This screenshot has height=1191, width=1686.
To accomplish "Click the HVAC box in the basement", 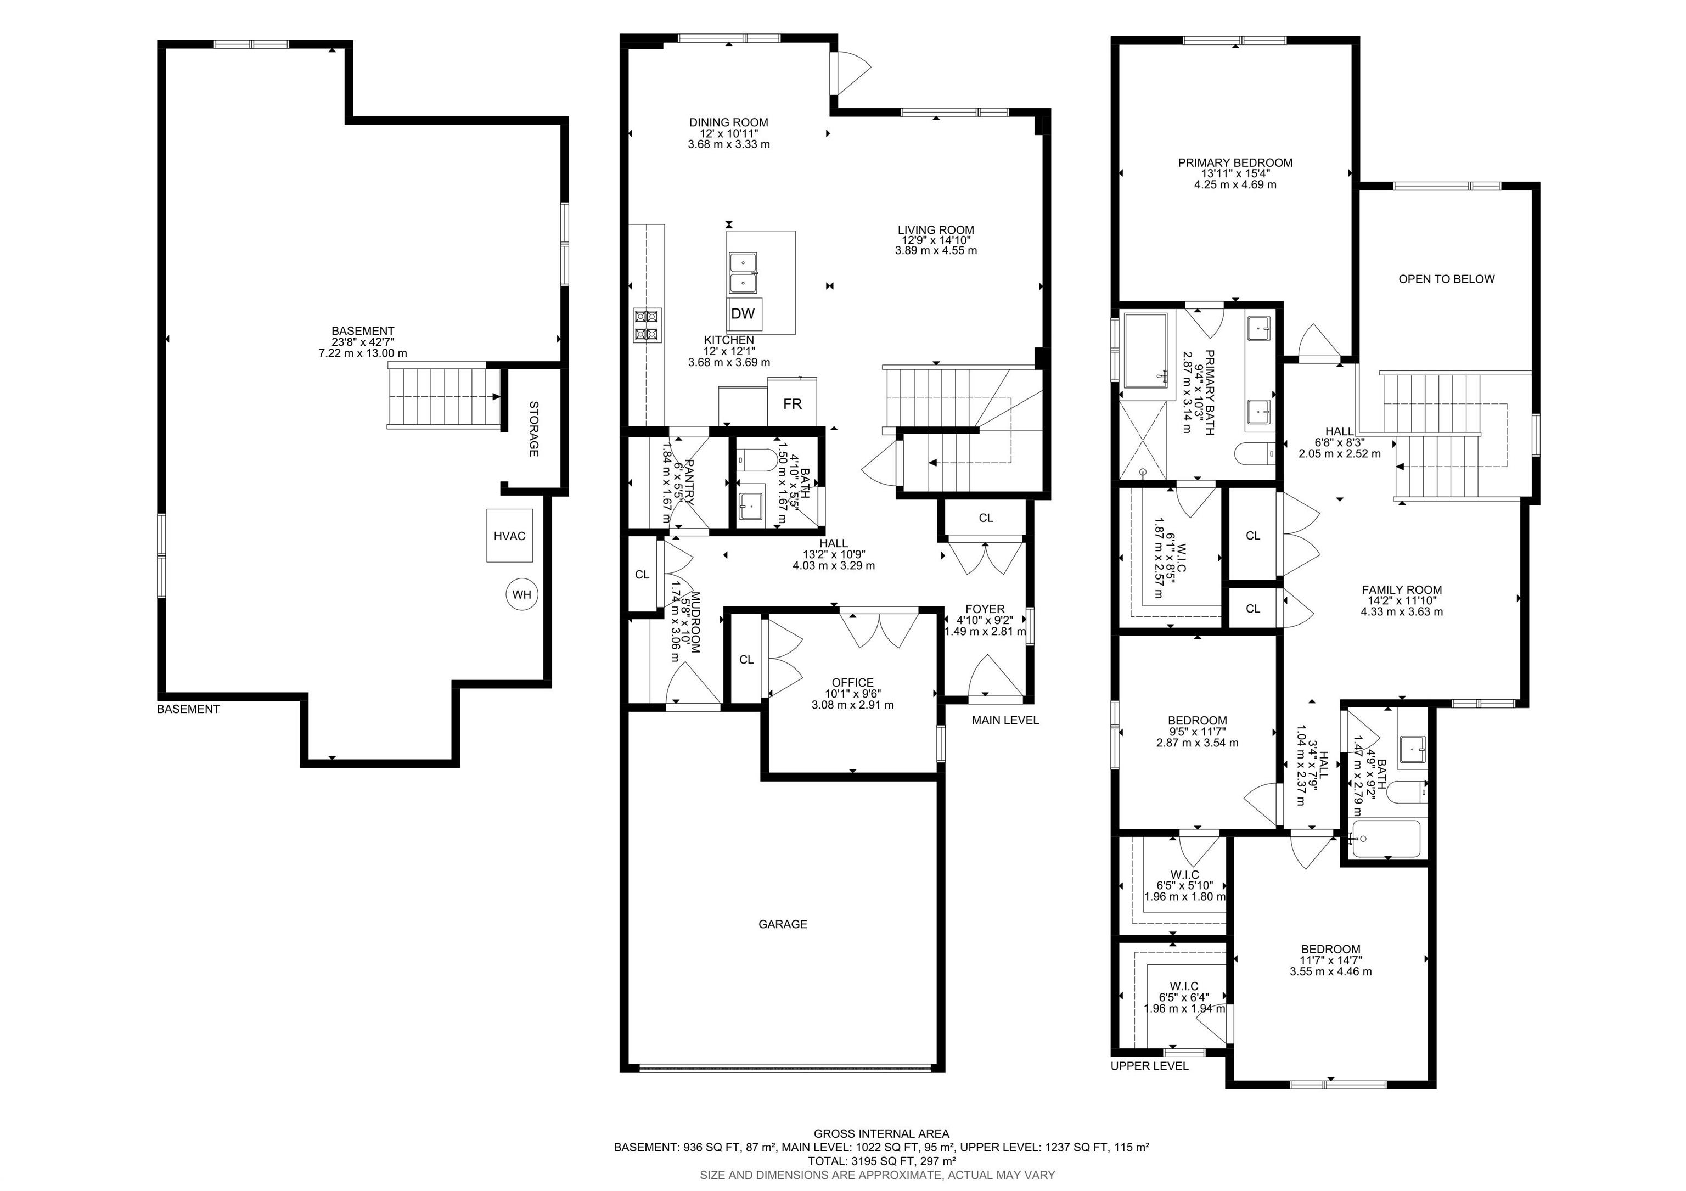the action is pyautogui.click(x=510, y=536).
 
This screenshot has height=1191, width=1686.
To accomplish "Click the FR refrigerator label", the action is pyautogui.click(x=793, y=404).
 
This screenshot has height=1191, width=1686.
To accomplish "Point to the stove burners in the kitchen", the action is pyautogui.click(x=648, y=325).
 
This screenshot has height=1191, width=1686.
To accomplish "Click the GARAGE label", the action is pyautogui.click(x=783, y=924).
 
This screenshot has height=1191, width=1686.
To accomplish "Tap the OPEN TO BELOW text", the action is pyautogui.click(x=1447, y=279).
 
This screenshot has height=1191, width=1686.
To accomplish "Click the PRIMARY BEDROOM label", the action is pyautogui.click(x=1235, y=163).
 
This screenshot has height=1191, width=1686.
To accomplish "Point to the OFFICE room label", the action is pyautogui.click(x=852, y=683).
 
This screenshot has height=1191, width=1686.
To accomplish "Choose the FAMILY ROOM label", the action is pyautogui.click(x=1402, y=589).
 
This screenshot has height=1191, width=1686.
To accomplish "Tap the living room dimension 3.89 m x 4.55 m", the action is pyautogui.click(x=936, y=250).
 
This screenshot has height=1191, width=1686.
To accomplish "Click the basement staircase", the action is pyautogui.click(x=443, y=397).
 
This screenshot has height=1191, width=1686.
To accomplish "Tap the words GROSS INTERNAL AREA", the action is pyautogui.click(x=881, y=1134).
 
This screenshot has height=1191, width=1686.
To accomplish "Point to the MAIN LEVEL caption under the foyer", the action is pyautogui.click(x=1005, y=720).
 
